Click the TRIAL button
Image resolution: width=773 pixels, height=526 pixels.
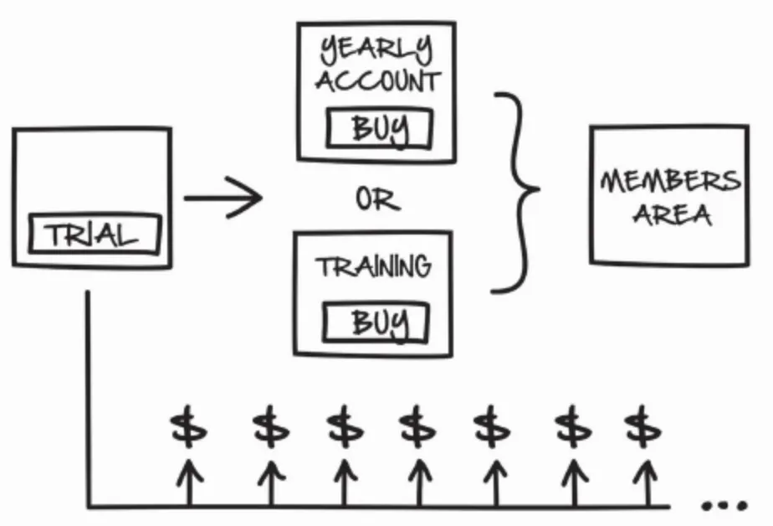click(93, 234)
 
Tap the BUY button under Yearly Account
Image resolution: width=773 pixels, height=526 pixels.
click(379, 130)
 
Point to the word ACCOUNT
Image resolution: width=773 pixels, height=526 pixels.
click(377, 82)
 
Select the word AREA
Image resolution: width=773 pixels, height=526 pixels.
click(672, 214)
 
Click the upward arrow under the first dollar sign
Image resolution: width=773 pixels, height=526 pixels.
click(189, 482)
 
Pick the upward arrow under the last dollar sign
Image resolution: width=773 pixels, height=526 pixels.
click(642, 482)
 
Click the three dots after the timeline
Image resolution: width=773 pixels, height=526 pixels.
click(723, 506)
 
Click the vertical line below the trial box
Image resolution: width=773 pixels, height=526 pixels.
click(88, 394)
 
